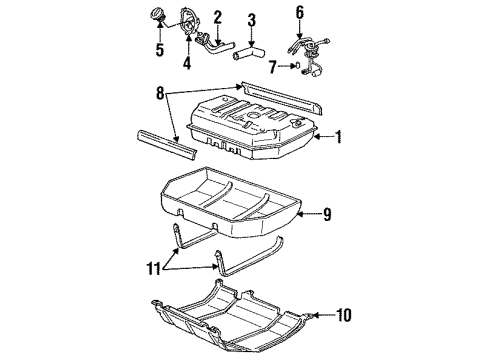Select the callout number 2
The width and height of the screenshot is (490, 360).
(218, 18)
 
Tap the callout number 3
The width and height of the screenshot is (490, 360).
(251, 19)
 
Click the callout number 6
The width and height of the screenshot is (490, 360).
(298, 12)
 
